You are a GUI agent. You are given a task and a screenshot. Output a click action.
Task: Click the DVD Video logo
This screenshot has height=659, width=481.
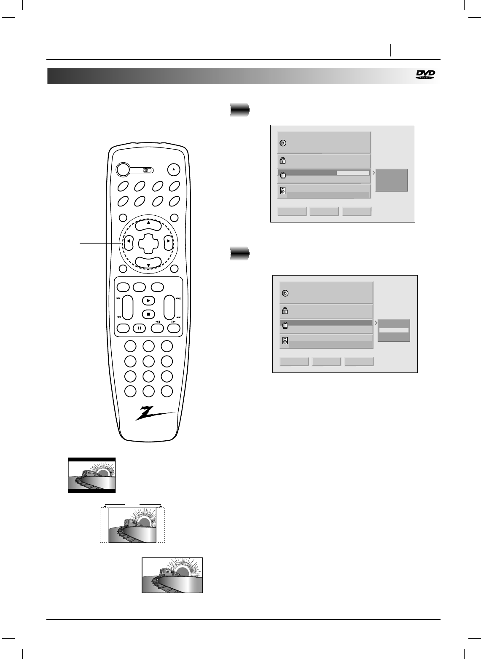[x=425, y=75]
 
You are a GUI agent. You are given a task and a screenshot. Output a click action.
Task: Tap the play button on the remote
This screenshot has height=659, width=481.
[x=148, y=300]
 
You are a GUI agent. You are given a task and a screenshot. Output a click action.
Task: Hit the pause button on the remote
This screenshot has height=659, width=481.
[x=139, y=328]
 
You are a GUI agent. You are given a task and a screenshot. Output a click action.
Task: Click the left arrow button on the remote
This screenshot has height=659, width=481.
[x=128, y=241]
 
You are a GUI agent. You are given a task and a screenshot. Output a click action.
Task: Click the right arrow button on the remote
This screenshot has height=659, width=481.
[x=168, y=241]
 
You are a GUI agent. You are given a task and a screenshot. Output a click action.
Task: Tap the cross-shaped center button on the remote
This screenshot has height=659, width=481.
[x=148, y=241]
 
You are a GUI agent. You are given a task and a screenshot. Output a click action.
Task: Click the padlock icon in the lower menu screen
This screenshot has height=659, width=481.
[x=285, y=311]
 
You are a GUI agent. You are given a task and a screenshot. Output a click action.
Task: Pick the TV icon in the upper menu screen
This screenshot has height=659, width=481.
[x=283, y=175]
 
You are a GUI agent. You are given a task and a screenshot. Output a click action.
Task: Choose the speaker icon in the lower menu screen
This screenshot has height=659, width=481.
[x=285, y=341]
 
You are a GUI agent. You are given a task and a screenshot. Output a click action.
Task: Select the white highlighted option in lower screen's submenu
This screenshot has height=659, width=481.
[x=394, y=330]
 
